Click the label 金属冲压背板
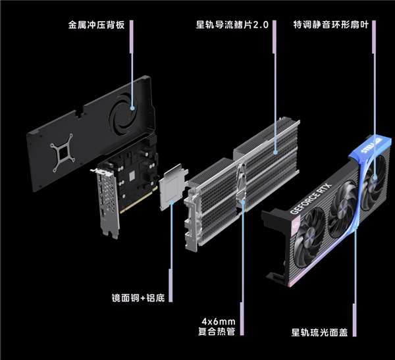pyautogui.click(x=97, y=27)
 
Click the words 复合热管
pyautogui.click(x=218, y=332)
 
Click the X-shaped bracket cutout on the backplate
pyautogui.click(x=66, y=150)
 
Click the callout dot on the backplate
pyautogui.click(x=132, y=109)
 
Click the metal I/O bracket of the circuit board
pyautogui.click(x=105, y=201)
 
